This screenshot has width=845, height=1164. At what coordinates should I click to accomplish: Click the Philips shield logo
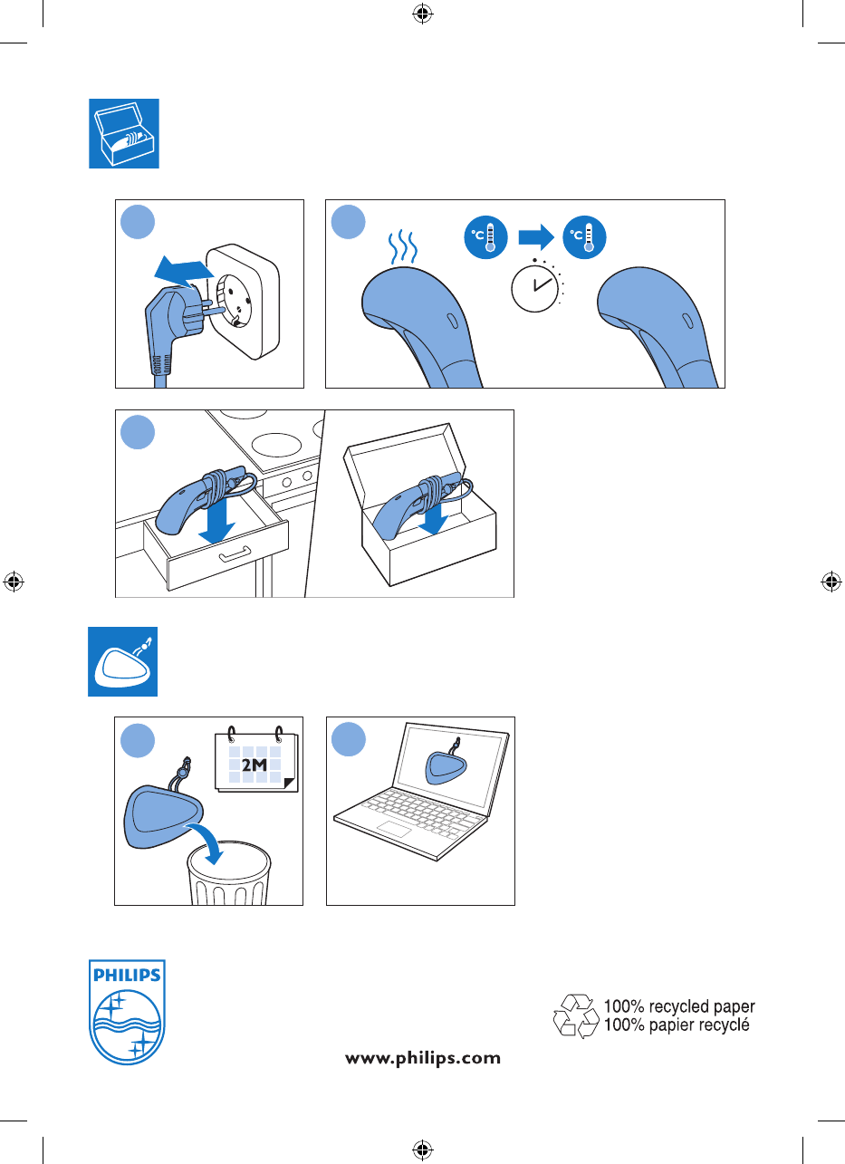127,1012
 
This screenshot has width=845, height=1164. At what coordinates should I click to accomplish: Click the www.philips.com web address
423,1057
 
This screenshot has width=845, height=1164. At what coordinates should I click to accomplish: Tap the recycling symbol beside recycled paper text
576,1015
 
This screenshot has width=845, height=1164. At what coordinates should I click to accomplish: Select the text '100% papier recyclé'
677,1025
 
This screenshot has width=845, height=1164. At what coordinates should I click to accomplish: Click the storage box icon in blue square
124,133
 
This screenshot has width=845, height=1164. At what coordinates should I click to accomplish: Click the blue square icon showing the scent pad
123,661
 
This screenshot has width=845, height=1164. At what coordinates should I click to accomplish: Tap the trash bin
228,874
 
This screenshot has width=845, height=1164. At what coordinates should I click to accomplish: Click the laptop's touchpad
393,830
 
